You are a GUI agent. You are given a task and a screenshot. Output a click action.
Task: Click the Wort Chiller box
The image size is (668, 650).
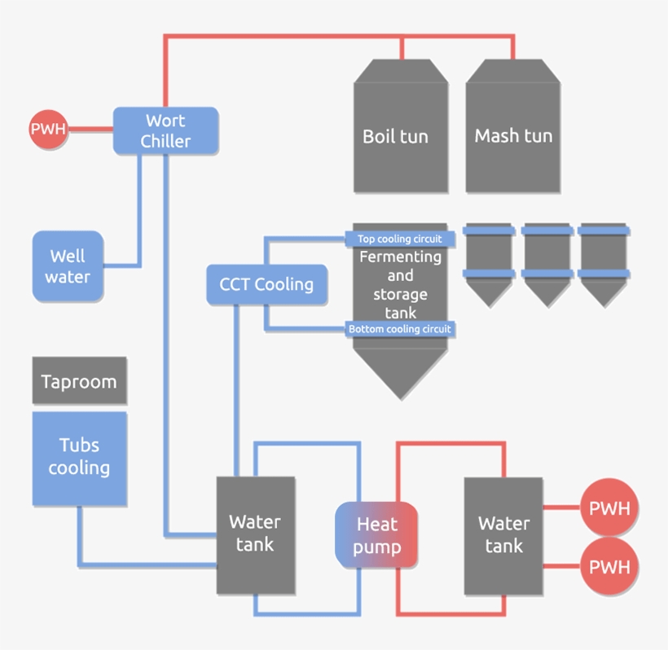165,130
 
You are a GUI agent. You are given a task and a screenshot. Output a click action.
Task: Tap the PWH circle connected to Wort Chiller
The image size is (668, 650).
48,129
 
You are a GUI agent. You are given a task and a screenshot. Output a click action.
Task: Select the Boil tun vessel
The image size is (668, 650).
400,134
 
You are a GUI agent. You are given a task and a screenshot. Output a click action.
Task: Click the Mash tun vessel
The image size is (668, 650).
513,134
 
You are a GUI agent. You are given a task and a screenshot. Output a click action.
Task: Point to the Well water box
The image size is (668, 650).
68,266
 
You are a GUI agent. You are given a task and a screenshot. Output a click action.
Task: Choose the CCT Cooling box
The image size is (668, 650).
266,284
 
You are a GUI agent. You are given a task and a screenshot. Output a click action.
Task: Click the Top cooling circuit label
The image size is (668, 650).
400,239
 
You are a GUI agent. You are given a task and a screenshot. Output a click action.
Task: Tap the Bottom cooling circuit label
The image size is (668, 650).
400,329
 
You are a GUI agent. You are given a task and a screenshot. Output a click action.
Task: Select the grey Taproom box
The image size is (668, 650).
79,380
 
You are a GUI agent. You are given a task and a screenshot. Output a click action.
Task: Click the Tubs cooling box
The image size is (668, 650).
79,457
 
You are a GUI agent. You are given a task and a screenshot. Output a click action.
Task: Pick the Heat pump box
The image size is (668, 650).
376,535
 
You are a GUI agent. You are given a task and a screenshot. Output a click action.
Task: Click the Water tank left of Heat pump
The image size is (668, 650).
255,534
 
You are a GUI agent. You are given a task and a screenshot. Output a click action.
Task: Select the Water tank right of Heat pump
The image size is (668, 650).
503,534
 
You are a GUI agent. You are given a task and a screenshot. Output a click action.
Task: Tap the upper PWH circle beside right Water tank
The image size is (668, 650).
609,508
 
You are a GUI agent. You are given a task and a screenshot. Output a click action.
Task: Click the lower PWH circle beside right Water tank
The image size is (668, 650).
609,566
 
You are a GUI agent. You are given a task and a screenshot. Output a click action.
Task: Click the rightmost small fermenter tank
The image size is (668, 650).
603,261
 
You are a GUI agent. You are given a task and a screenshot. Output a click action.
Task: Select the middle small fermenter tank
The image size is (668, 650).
547,261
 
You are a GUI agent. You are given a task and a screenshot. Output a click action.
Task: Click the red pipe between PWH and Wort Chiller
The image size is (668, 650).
90,129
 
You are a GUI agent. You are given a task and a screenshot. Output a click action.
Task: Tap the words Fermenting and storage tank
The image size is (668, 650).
400,284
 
